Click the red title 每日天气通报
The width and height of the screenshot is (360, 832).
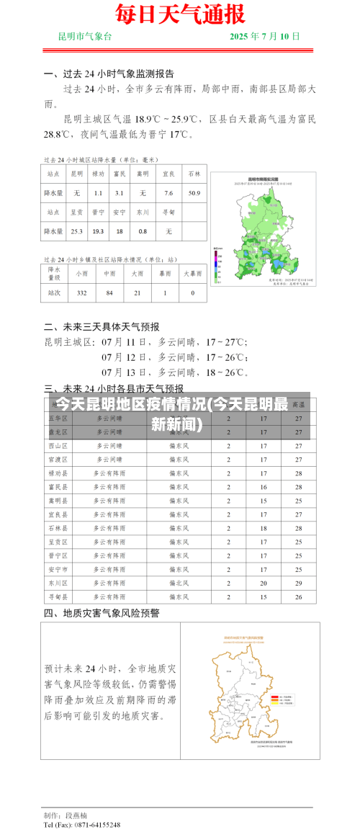click(179, 14)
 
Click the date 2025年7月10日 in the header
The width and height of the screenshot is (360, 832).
click(264, 36)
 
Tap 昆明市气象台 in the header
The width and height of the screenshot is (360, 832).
click(85, 36)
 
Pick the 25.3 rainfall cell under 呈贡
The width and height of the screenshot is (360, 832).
click(76, 231)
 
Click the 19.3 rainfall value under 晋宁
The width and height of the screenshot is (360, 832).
click(99, 231)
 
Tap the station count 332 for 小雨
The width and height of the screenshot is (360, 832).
click(81, 292)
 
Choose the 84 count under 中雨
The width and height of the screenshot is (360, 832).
click(109, 292)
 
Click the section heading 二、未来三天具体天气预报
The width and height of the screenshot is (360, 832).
click(102, 326)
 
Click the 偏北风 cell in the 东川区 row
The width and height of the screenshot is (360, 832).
click(179, 583)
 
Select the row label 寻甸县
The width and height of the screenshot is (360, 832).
click(58, 597)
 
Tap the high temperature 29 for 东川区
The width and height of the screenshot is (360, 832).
click(298, 583)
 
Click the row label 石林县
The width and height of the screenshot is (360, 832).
click(58, 528)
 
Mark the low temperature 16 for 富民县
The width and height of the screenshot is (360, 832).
click(264, 487)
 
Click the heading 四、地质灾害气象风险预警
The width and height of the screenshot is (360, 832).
click(102, 614)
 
